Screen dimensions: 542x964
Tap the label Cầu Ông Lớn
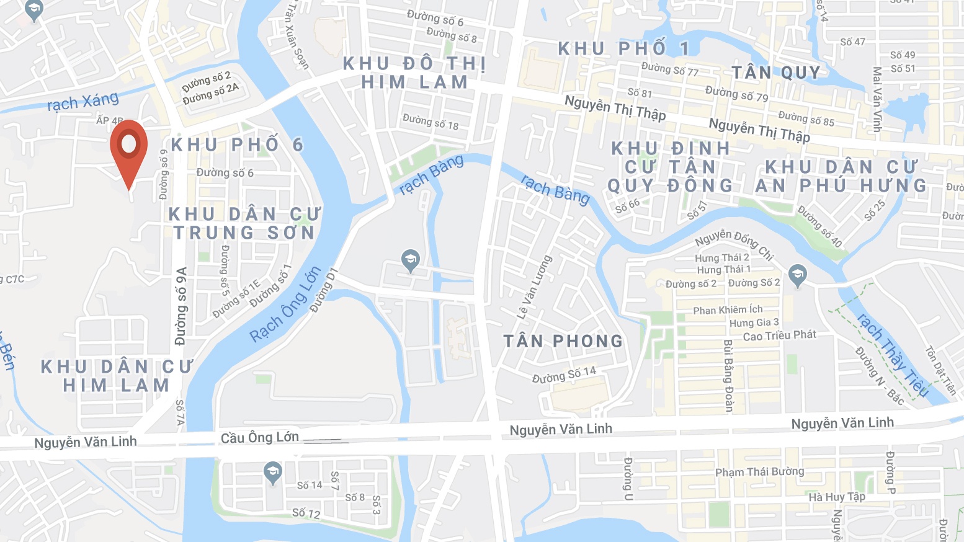point(260,437)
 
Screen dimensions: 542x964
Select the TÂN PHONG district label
point(563,341)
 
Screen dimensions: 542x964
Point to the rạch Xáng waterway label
point(83,102)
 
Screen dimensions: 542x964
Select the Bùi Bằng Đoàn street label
point(729,375)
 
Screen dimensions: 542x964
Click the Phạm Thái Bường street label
point(759,472)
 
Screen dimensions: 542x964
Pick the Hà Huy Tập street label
point(836,497)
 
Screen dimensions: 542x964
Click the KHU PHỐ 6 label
point(237,144)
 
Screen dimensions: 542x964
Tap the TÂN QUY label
point(775,73)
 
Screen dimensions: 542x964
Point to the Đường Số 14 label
point(564,374)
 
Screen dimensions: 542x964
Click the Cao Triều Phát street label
point(779,335)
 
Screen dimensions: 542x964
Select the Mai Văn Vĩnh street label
point(877,99)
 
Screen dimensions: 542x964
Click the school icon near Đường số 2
point(798,275)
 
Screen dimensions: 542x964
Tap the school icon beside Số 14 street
point(272,473)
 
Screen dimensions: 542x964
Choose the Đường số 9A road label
point(181,306)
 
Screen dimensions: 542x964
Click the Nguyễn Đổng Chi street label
point(734,244)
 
